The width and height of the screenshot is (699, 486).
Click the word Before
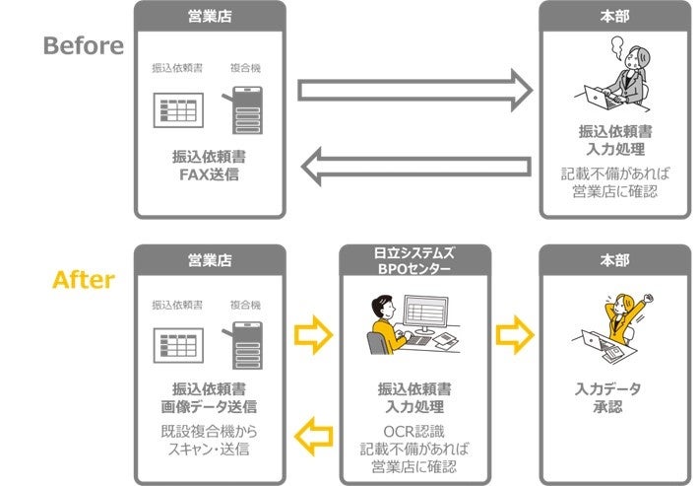[83, 45]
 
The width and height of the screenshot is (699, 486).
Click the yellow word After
[83, 280]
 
